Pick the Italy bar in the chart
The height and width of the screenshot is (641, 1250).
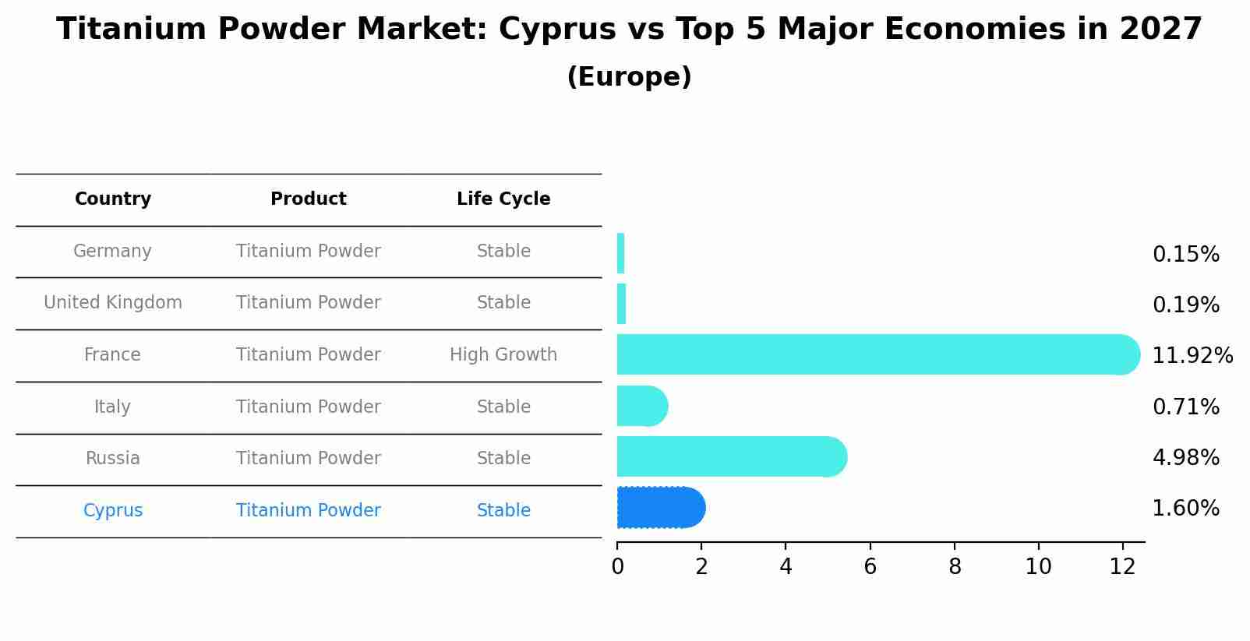(x=641, y=406)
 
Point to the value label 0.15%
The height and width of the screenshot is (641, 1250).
(x=1185, y=255)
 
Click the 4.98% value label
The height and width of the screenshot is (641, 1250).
(x=1185, y=458)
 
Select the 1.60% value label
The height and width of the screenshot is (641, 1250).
(x=1185, y=509)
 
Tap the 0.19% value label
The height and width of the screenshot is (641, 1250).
(x=1185, y=305)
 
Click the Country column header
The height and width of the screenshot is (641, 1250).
(x=113, y=199)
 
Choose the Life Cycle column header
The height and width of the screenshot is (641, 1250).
(x=503, y=199)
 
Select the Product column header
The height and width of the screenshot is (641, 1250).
(x=309, y=199)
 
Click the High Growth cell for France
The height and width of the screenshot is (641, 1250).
(x=503, y=355)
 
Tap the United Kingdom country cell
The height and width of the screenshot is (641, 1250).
(x=113, y=303)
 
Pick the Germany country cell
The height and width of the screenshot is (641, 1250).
(x=112, y=252)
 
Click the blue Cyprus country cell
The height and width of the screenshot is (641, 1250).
(x=113, y=511)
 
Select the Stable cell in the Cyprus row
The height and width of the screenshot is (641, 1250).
(x=503, y=511)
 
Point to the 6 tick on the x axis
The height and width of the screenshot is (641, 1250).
(x=870, y=567)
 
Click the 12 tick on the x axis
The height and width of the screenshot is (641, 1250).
(x=1123, y=567)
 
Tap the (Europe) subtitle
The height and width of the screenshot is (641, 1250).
(x=629, y=77)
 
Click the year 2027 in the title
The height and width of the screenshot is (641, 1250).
(x=1161, y=30)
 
